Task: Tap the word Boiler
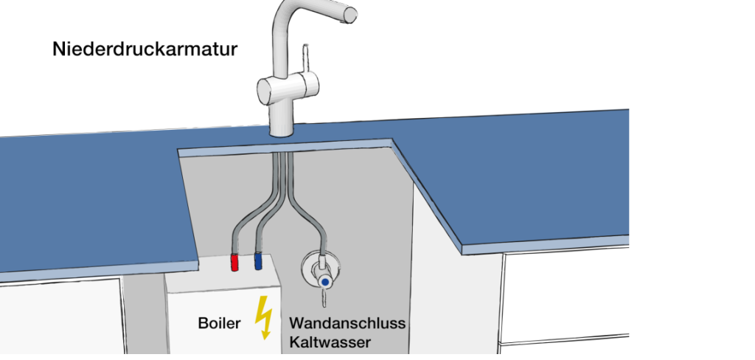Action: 220,324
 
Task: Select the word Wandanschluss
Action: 347,324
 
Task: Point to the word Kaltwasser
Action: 330,342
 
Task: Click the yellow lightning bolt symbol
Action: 263,317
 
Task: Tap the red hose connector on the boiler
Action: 235,261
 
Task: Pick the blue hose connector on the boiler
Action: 258,260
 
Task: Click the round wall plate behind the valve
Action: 313,266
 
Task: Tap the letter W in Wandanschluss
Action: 296,324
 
